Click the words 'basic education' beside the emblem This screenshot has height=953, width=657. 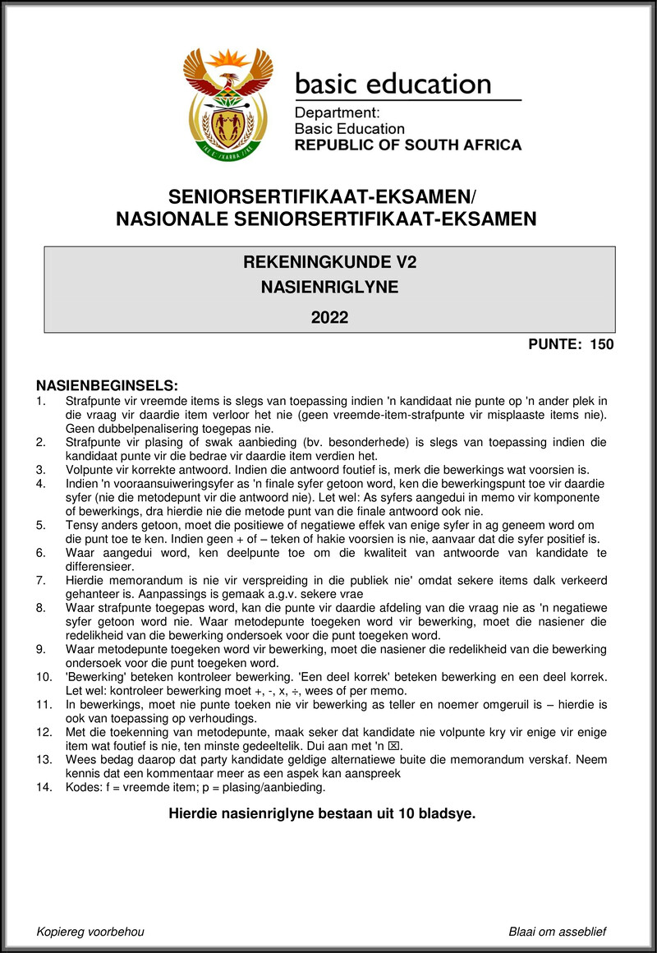(x=393, y=84)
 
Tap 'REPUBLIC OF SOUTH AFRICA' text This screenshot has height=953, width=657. (x=407, y=145)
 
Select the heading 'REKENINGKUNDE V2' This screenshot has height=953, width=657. (x=329, y=263)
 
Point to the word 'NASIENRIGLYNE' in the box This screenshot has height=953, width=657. (x=329, y=288)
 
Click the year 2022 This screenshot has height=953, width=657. (x=329, y=317)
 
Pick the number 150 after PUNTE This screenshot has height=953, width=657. (x=601, y=344)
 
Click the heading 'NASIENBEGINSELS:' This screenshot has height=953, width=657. (x=107, y=385)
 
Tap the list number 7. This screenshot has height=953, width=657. (x=40, y=580)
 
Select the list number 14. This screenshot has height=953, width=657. (x=44, y=787)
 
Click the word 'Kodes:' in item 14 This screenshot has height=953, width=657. (x=84, y=787)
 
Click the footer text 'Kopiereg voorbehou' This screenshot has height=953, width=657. (x=90, y=931)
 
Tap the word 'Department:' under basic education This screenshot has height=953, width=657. (x=337, y=113)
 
